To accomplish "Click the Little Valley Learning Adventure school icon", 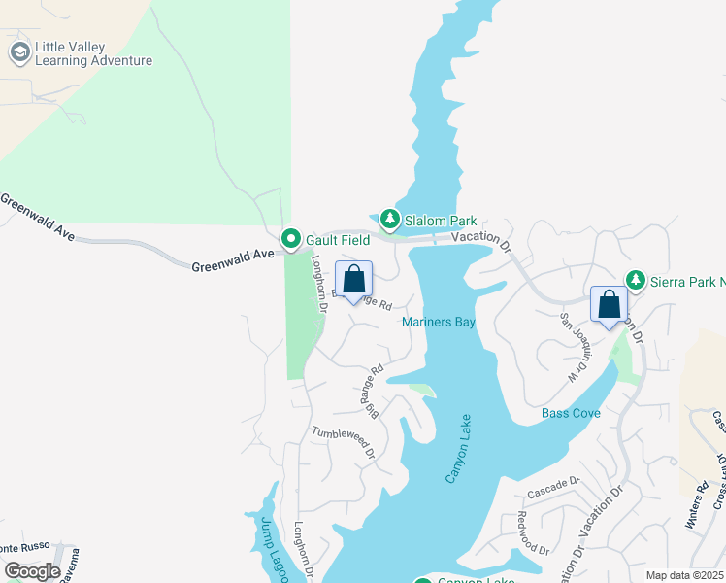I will click(x=19, y=52).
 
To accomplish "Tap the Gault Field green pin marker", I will click(x=290, y=238).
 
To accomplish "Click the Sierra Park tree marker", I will click(x=636, y=280).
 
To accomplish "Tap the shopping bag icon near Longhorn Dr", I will click(x=353, y=279).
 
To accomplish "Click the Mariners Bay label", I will click(x=440, y=323).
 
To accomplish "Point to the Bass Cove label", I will click(x=571, y=413).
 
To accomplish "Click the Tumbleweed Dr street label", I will click(x=344, y=440).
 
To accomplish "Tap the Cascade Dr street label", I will click(x=555, y=483).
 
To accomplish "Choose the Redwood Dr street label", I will click(x=532, y=532).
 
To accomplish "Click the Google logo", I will click(x=31, y=571).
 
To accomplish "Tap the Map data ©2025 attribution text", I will click(x=684, y=575).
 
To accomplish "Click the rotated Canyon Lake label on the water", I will click(x=458, y=448).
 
